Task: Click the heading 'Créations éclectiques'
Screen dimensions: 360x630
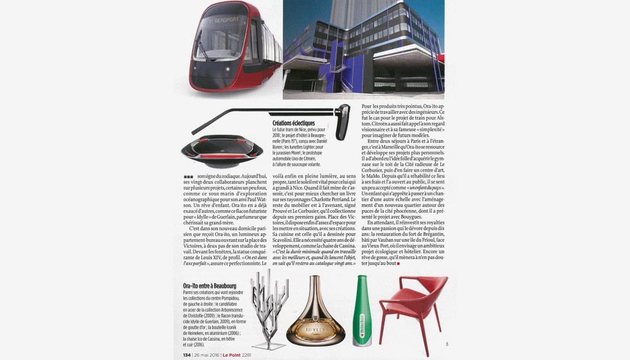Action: point(294,123)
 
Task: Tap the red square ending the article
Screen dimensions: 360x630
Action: point(399,263)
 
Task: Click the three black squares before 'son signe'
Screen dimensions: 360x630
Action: point(188,176)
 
